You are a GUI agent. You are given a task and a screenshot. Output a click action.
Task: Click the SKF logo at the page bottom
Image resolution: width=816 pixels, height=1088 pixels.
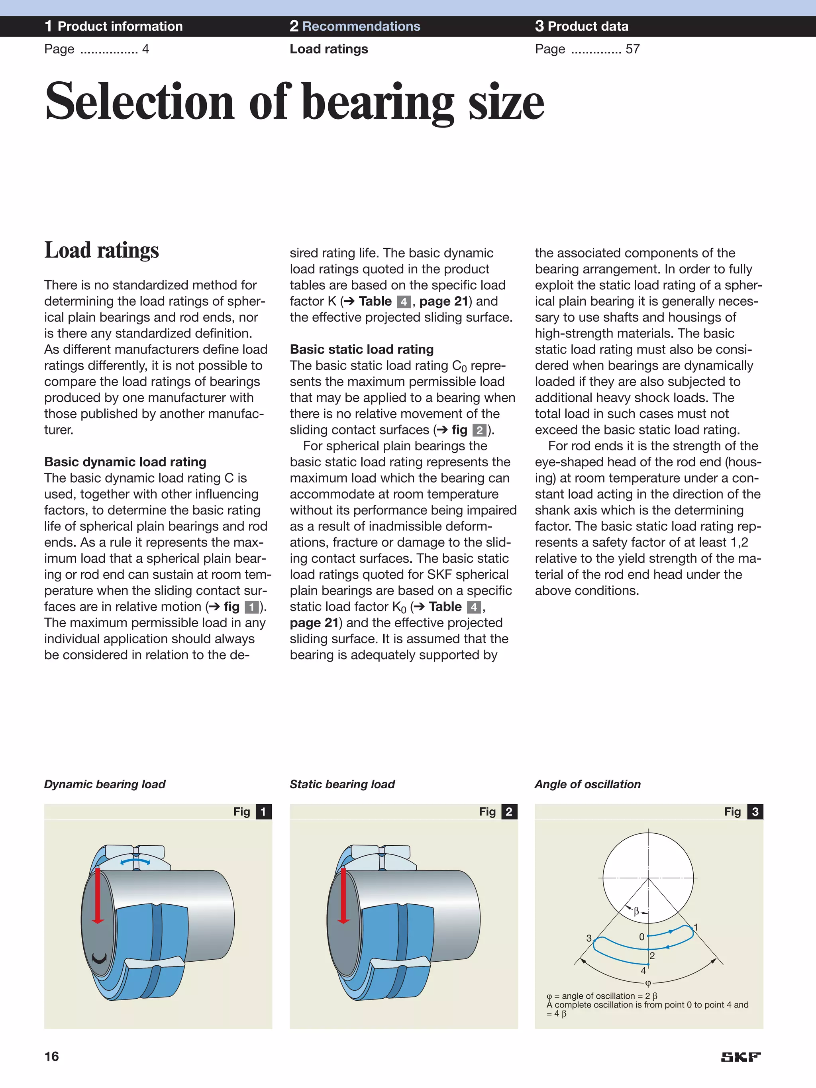pyautogui.click(x=740, y=1057)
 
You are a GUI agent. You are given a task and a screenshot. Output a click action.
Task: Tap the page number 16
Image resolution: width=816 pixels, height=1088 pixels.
pyautogui.click(x=52, y=1057)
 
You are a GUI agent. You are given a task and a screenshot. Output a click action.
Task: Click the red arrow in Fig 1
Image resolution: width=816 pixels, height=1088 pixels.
pyautogui.click(x=98, y=896)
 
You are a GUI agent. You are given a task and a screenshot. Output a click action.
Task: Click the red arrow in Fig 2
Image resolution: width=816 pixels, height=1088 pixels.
pyautogui.click(x=343, y=896)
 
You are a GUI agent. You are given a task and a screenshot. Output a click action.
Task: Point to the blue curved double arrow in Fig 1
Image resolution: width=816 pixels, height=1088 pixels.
pyautogui.click(x=136, y=861)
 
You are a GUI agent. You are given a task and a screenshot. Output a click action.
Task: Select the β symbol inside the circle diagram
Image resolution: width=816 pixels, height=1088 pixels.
pyautogui.click(x=636, y=911)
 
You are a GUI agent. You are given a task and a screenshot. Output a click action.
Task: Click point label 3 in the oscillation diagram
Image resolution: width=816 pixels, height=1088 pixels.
pyautogui.click(x=589, y=938)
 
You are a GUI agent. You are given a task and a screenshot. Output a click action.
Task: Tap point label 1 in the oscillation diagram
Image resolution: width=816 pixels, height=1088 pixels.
pyautogui.click(x=696, y=928)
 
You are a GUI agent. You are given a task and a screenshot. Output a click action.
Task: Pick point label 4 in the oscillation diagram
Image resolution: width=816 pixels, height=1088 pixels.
pyautogui.click(x=643, y=970)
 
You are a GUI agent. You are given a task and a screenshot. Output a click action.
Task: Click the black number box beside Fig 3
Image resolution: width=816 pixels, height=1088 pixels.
pyautogui.click(x=755, y=811)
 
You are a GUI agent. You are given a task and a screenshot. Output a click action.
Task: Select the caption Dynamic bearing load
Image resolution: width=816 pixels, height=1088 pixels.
pyautogui.click(x=105, y=784)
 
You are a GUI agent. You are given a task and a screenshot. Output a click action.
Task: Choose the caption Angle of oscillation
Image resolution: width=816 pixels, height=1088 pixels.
pyautogui.click(x=588, y=784)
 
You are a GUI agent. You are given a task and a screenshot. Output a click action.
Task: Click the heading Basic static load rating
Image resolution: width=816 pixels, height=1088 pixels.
pyautogui.click(x=361, y=349)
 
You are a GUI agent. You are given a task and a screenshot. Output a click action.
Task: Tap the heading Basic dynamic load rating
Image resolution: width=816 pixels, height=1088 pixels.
pyautogui.click(x=126, y=462)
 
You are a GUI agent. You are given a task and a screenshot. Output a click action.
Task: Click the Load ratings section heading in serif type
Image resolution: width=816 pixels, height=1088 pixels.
pyautogui.click(x=102, y=250)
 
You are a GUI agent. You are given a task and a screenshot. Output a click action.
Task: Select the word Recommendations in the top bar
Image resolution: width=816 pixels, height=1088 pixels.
pyautogui.click(x=361, y=26)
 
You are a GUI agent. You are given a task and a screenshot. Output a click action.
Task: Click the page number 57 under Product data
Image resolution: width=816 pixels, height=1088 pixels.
pyautogui.click(x=633, y=49)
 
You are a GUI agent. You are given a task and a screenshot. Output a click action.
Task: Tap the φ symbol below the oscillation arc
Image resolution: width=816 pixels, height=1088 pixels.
pyautogui.click(x=648, y=983)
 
